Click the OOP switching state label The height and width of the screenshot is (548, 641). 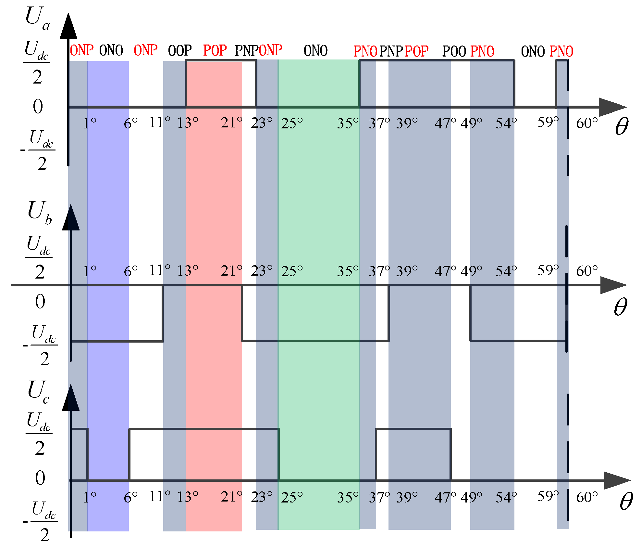pos(180,50)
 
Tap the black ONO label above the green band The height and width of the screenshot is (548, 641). pos(315,51)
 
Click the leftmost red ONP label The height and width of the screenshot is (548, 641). pos(81,50)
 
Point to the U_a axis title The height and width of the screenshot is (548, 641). pos(37,18)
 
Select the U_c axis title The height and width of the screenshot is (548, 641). pos(38,392)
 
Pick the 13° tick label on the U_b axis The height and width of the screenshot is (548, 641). pos(187,270)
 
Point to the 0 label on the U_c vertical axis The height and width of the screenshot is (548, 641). pos(40,478)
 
